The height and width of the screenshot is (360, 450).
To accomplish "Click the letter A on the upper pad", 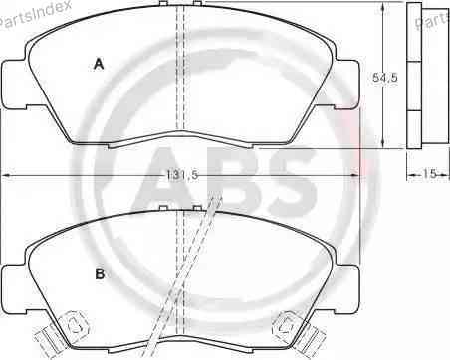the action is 99,64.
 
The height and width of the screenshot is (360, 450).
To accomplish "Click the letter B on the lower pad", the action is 100,274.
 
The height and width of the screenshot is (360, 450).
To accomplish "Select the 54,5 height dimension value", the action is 385,78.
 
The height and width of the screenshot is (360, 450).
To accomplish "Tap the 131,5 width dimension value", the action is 182,175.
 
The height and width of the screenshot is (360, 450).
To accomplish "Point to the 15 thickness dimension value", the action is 429,173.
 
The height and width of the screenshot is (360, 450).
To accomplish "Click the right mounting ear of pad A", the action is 345,85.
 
